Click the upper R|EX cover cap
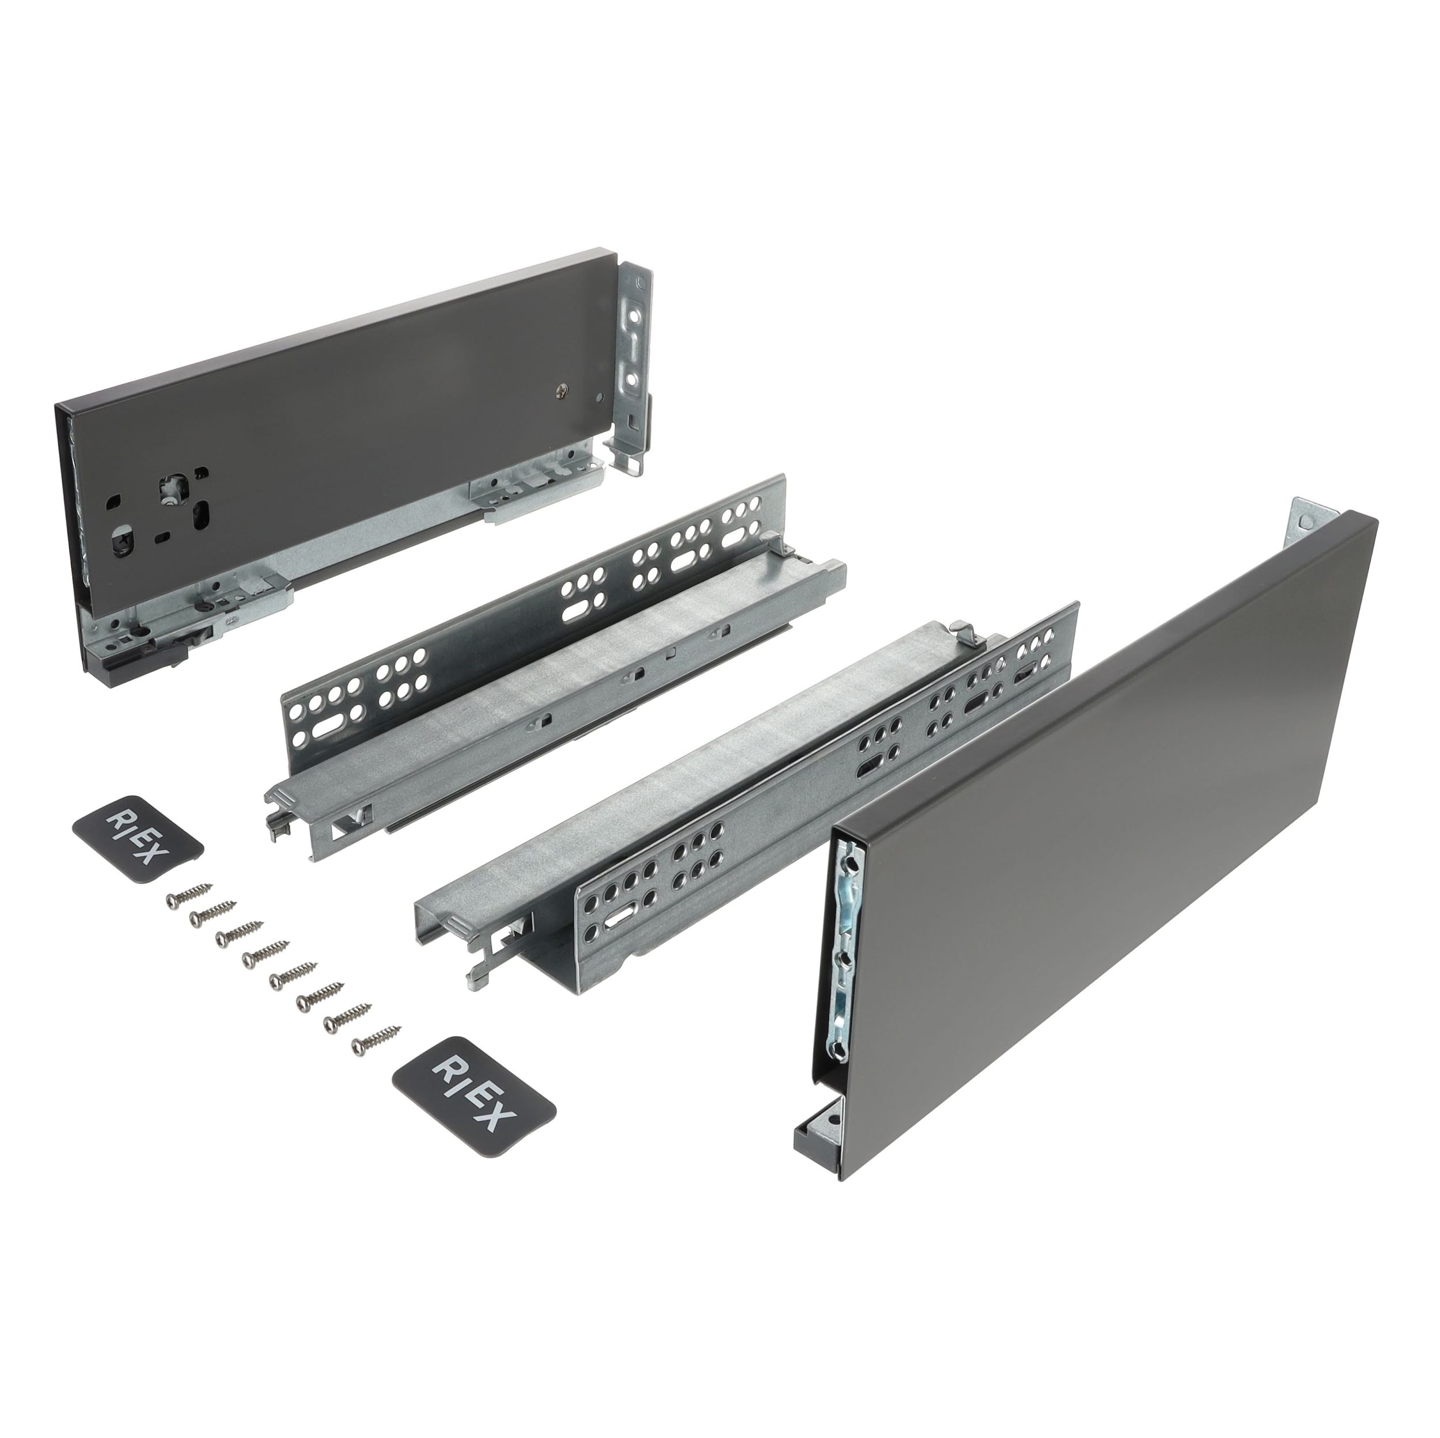point(138,839)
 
